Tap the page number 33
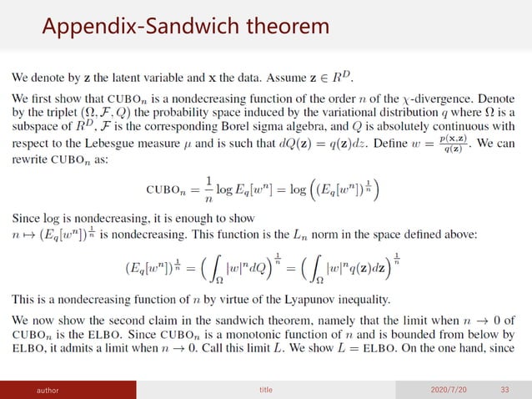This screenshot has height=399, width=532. [504, 389]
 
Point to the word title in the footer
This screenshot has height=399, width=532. [267, 389]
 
